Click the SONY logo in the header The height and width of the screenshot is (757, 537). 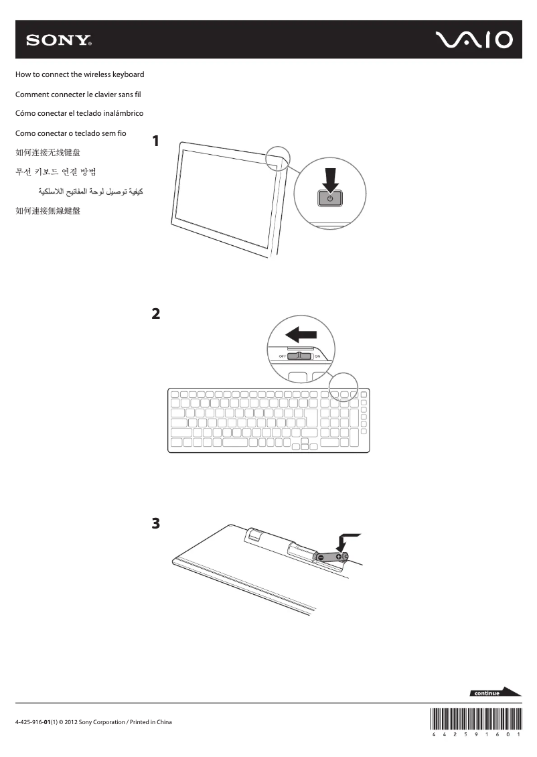tap(59, 40)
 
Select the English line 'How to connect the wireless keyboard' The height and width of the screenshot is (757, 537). tap(80, 74)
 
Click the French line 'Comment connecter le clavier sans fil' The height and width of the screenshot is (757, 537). tap(78, 94)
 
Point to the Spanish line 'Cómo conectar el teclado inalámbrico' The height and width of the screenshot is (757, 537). tap(79, 114)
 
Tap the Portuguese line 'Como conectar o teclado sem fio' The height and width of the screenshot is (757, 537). tap(70, 133)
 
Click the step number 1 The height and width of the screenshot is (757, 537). tap(156, 141)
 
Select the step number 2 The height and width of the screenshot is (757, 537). tap(156, 314)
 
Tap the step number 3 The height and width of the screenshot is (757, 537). tap(156, 523)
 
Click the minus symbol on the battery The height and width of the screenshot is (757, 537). tap(321, 557)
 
